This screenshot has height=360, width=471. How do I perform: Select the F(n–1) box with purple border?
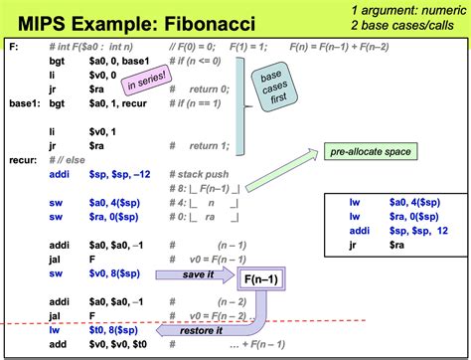click(x=259, y=280)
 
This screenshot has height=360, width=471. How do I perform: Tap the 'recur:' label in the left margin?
click(x=21, y=157)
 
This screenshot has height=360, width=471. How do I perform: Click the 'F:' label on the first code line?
click(x=11, y=47)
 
